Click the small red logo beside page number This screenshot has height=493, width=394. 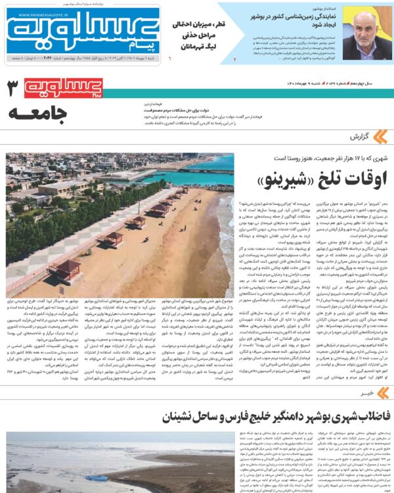click(64, 87)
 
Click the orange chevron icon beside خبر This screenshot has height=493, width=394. click(382, 392)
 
